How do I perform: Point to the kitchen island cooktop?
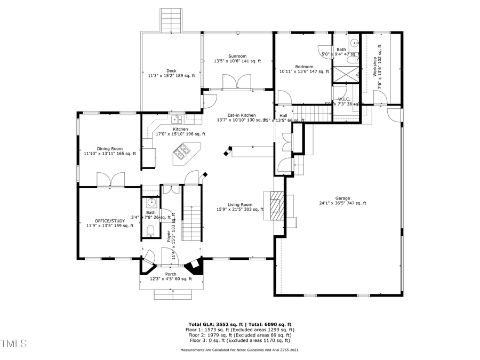181,155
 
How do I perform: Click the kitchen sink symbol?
178,119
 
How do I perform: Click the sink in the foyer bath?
151,203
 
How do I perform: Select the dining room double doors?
111,180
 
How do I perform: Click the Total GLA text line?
239,324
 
